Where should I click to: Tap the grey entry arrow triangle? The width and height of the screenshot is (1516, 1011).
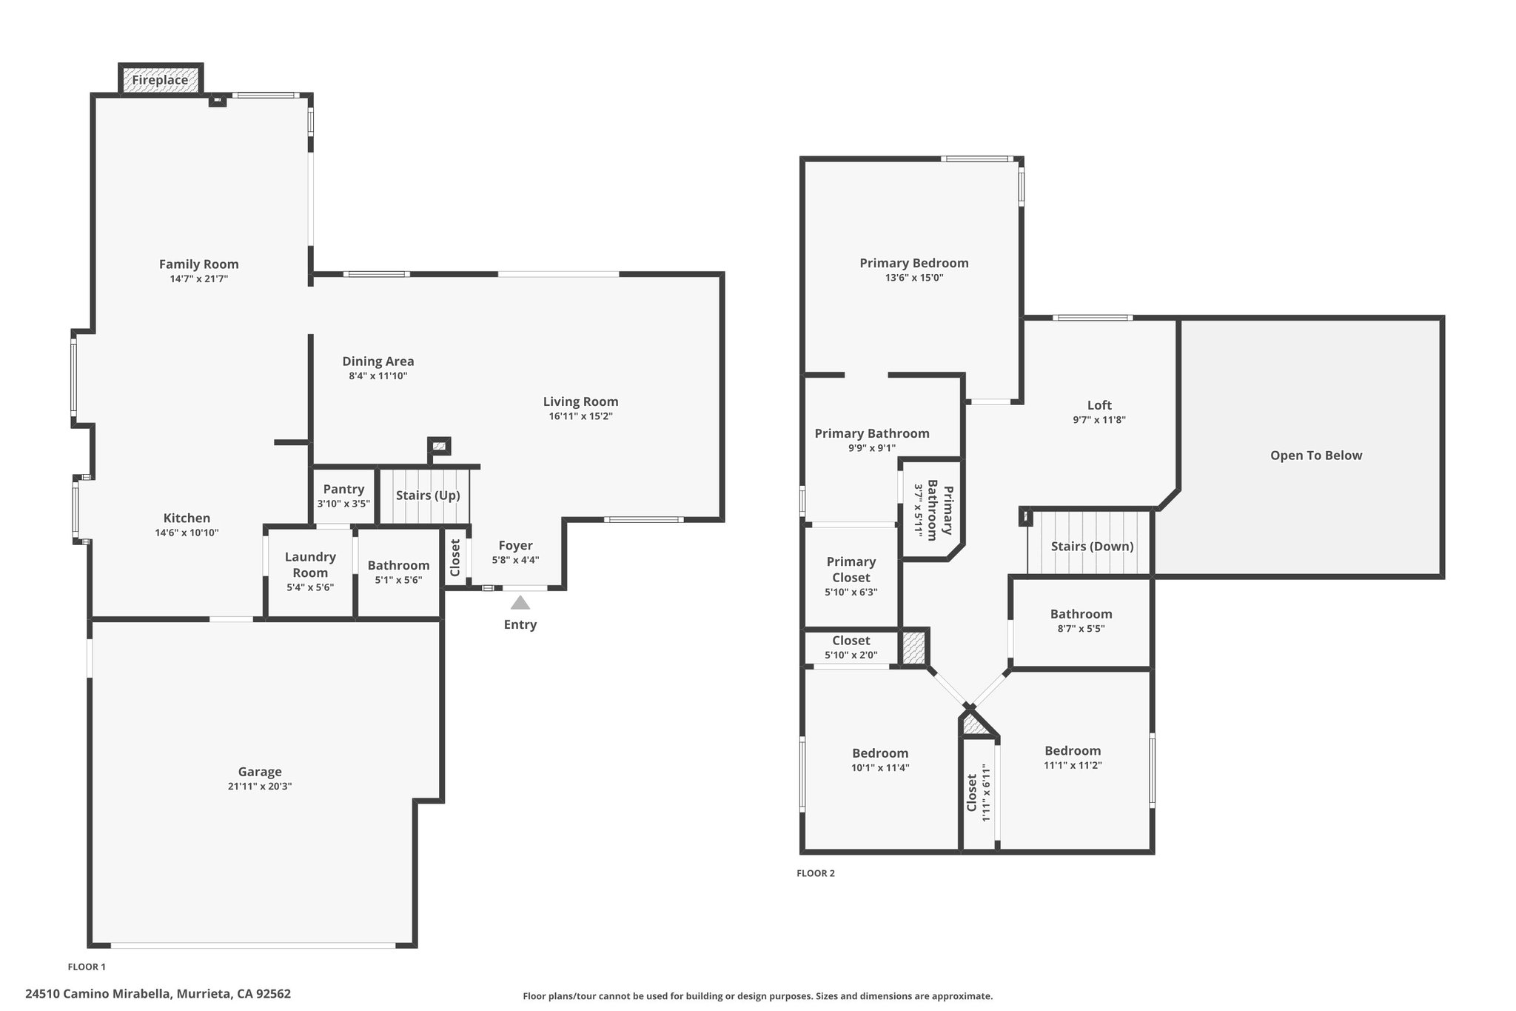520,602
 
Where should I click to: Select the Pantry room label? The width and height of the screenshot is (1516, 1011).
343,489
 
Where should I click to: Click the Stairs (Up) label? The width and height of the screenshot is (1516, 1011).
428,496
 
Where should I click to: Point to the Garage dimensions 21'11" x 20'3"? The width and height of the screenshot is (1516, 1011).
260,787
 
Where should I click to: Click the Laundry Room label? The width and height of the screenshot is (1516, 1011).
310,564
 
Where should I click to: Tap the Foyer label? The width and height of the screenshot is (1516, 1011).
515,546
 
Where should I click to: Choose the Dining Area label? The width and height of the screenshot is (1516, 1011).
378,361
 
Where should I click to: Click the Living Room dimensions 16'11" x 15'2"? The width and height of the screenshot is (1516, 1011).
581,416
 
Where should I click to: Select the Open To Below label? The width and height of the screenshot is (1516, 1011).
1316,456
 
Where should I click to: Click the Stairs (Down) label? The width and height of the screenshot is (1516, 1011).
1093,547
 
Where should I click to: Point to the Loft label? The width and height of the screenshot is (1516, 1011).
1099,405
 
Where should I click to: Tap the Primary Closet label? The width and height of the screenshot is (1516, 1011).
851,570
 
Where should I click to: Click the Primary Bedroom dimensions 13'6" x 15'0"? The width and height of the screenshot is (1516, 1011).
914,278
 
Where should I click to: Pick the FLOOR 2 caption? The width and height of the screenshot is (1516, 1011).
816,873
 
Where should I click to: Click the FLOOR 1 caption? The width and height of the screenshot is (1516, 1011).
87,967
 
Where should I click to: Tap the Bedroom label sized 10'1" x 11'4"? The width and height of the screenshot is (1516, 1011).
880,753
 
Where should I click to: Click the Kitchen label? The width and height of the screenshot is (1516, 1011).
187,518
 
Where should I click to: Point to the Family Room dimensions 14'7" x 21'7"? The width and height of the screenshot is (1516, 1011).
199,279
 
